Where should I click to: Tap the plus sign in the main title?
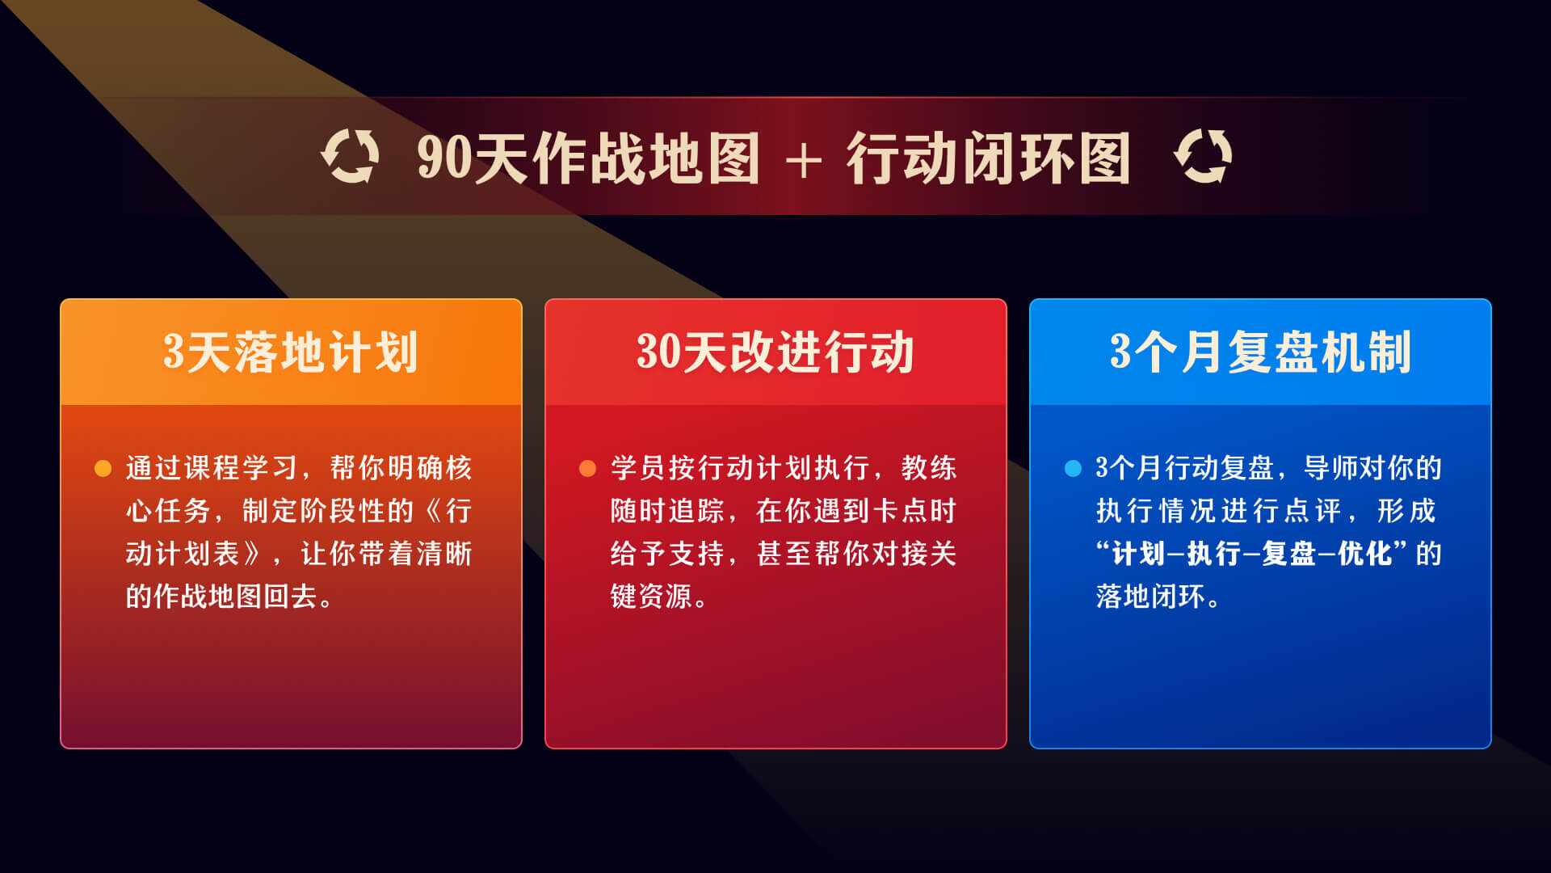pyautogui.click(x=803, y=160)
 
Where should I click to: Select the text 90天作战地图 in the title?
pyautogui.click(x=588, y=158)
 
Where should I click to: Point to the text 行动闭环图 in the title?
pyautogui.click(x=987, y=158)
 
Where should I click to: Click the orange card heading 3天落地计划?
pyautogui.click(x=291, y=352)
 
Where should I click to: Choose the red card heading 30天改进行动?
pyautogui.click(x=775, y=352)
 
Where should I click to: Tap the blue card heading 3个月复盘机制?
pyautogui.click(x=1260, y=352)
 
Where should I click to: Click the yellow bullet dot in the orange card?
pyautogui.click(x=103, y=468)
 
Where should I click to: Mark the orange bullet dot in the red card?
pyautogui.click(x=587, y=468)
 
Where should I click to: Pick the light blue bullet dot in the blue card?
pyautogui.click(x=1073, y=468)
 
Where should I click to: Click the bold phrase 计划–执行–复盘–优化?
pyautogui.click(x=1252, y=554)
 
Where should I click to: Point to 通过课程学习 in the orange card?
pyautogui.click(x=212, y=468)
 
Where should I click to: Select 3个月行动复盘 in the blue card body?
pyautogui.click(x=1184, y=468)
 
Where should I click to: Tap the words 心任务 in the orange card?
pyautogui.click(x=169, y=511)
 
